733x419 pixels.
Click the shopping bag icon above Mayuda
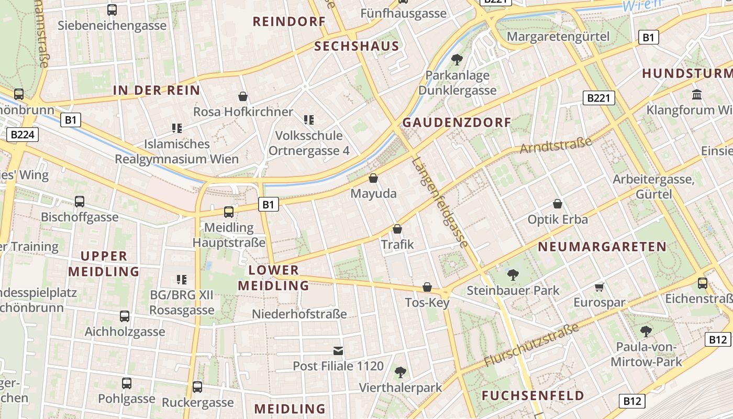pos(373,179)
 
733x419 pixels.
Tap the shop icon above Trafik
pos(397,229)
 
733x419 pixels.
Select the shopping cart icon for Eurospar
pos(599,287)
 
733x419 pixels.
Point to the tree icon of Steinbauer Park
pos(513,274)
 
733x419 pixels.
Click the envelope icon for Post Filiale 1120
pos(338,350)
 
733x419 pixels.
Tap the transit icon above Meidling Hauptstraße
pos(229,212)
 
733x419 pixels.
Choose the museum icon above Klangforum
pos(697,95)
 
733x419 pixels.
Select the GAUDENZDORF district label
pos(457,123)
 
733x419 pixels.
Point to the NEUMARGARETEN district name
pos(602,247)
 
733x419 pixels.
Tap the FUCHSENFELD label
pos(533,395)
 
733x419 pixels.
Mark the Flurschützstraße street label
pos(531,345)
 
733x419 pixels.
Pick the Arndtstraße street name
pos(556,145)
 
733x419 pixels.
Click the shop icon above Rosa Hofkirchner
pos(243,96)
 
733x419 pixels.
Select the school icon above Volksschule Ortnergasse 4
pos(309,120)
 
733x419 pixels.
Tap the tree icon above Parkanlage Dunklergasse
pos(457,60)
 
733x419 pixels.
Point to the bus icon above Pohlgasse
pos(127,383)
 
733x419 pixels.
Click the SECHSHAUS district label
pos(357,46)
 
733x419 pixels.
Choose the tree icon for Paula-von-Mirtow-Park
pos(646,331)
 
